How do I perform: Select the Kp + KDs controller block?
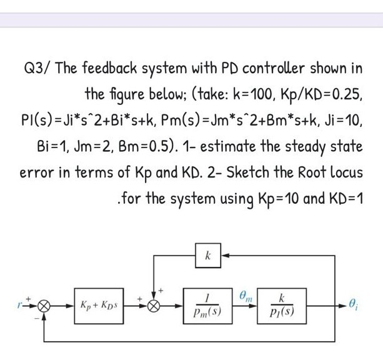point(100,306)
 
